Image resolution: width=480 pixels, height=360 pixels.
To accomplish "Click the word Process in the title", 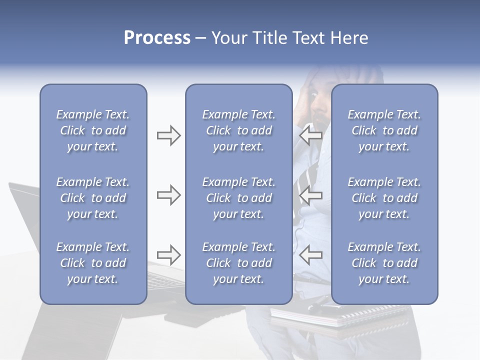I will tap(157, 38).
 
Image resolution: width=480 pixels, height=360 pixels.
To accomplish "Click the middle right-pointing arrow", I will tap(168, 195).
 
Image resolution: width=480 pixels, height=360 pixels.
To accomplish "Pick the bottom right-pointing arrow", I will tap(168, 254).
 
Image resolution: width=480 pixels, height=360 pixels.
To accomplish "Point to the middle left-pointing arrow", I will tap(310, 195).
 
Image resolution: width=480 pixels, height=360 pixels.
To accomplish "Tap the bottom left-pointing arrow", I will tap(310, 254).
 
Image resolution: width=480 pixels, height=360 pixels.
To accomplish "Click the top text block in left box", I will tap(93, 130).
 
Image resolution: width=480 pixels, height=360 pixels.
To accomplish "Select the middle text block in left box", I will tap(93, 198).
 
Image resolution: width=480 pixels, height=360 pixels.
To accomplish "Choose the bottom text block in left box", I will tap(93, 263).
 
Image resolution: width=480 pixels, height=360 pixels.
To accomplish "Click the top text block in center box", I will tap(238, 130).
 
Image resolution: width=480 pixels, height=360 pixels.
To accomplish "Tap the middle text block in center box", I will tap(238, 198).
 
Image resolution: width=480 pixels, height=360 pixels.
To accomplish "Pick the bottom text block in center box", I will tap(238, 263).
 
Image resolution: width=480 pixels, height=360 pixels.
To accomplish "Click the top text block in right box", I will tap(384, 130).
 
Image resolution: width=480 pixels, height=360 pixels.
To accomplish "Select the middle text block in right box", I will tap(384, 198).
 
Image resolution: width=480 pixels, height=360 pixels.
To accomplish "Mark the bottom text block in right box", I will tap(384, 263).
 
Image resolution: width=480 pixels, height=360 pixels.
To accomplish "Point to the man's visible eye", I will tap(312, 93).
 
